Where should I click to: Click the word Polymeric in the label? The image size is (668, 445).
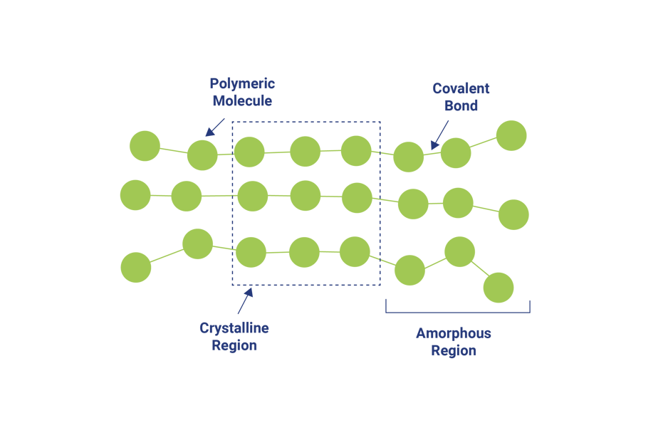point(242,84)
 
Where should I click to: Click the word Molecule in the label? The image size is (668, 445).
point(242,101)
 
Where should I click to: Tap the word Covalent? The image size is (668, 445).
point(461,89)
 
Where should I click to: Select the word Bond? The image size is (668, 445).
point(461,106)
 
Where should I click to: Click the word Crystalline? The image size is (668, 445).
point(234,329)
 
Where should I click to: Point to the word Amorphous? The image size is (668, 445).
point(454,333)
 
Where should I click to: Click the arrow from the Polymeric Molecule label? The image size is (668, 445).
point(214,127)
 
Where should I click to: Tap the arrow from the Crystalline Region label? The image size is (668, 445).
point(244,301)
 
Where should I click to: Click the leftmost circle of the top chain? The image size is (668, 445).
point(145,146)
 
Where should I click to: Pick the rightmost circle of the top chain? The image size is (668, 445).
point(511,136)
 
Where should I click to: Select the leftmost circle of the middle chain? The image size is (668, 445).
point(135,195)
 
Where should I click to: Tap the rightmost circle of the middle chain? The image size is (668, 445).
point(513,215)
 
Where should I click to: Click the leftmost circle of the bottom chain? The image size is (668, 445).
point(136,268)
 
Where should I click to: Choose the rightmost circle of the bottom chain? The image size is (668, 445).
point(499,288)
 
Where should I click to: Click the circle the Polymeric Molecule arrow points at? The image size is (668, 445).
point(202,155)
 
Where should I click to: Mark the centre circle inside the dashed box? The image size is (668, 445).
point(306,196)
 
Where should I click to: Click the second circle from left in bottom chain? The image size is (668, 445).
point(198,244)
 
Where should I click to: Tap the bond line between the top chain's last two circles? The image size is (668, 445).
point(484,145)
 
